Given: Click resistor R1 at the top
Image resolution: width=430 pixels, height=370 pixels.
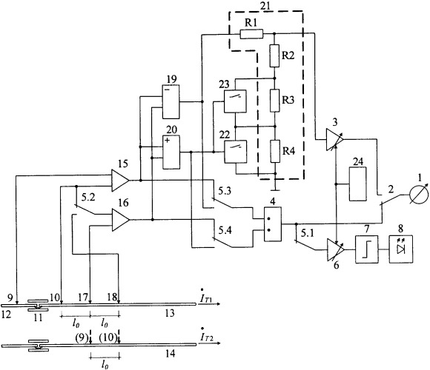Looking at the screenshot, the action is (251, 34).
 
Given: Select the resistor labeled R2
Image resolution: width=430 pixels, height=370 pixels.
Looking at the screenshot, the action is (274, 55).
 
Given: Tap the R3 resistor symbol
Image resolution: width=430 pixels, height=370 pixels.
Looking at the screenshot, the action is (275, 101).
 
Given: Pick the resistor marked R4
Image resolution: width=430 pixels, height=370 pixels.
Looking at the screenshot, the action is (275, 151).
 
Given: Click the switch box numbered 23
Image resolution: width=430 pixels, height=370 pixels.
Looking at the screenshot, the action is (235, 101).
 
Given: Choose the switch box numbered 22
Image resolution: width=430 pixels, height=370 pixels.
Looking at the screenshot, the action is (236, 152).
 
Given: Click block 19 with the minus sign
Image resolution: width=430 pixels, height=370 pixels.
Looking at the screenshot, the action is (171, 101).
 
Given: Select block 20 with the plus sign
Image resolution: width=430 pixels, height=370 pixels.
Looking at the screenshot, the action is (171, 152).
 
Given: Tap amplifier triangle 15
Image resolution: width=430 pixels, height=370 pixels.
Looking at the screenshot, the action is (120, 180).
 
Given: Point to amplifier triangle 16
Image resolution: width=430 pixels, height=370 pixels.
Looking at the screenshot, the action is (120, 220).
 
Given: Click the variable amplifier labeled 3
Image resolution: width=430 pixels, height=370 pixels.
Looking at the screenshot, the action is (334, 140).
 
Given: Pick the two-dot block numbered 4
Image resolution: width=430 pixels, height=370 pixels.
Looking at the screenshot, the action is (273, 224).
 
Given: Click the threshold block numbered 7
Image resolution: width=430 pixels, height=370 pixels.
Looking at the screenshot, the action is (367, 249).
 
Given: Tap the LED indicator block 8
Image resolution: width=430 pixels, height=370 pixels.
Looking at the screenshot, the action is (401, 249).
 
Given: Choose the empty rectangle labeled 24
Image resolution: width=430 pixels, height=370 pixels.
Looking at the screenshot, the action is (357, 184).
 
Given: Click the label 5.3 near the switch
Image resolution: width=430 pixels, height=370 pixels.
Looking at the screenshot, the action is (225, 191).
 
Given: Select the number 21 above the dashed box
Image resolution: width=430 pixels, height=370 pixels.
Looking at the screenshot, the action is (265, 6).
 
